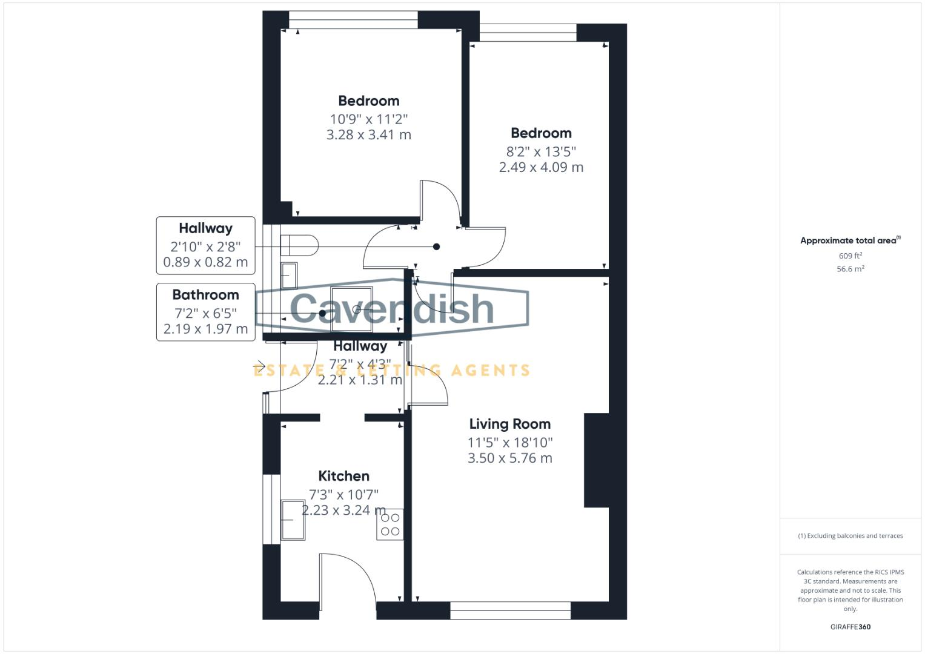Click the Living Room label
(x=509, y=424)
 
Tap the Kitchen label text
(x=343, y=476)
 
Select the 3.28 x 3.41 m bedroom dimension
(x=368, y=134)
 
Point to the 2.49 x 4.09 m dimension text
(x=541, y=167)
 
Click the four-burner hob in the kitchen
(x=390, y=524)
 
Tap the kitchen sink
(x=293, y=520)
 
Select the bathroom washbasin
(x=289, y=275)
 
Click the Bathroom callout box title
(x=205, y=295)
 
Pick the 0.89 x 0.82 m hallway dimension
(x=205, y=262)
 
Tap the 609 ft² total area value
(x=850, y=256)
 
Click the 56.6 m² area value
(x=850, y=269)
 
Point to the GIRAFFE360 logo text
(x=850, y=627)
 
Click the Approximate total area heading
(x=850, y=240)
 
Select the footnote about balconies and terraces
(x=850, y=536)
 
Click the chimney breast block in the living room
(x=596, y=460)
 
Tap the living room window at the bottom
(x=510, y=610)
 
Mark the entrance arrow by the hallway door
(x=259, y=365)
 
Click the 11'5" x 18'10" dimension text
(x=509, y=442)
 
